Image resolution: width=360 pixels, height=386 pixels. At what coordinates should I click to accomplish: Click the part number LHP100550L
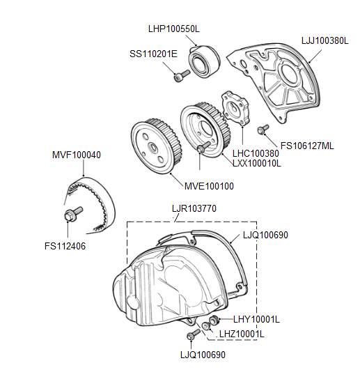174,29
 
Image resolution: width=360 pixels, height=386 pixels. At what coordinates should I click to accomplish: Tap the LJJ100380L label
324,40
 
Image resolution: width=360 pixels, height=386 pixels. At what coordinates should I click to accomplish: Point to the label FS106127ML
307,146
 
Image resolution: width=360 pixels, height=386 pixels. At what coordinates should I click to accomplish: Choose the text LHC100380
254,151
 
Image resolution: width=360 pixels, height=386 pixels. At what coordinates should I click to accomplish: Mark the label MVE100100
209,187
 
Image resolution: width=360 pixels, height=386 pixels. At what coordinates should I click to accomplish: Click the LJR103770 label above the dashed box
194,208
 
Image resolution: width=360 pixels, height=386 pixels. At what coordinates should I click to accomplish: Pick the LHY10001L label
256,319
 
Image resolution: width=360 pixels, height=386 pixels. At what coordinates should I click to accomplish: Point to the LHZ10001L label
242,334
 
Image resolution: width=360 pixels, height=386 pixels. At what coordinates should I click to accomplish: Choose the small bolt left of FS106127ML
263,130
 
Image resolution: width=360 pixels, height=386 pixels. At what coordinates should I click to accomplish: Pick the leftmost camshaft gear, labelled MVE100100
154,147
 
